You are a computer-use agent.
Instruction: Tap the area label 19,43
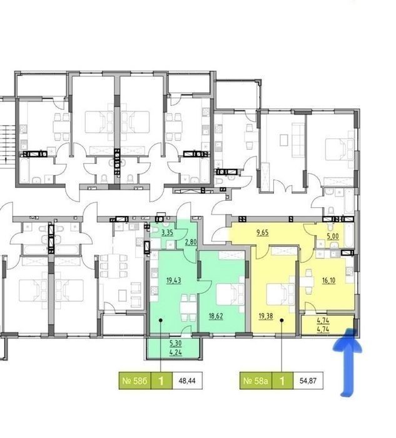[173, 280]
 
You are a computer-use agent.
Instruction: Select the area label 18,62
[216, 316]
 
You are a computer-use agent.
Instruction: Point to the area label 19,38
[266, 316]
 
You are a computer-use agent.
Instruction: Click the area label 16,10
[328, 280]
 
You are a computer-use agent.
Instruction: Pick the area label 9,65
[263, 233]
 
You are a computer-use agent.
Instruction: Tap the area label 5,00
[333, 237]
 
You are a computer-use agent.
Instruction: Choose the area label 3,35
[168, 232]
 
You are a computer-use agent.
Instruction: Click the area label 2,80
[191, 242]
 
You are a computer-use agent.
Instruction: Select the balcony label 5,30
[176, 344]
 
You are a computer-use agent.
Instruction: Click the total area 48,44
[187, 380]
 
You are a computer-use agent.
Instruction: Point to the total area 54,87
[308, 380]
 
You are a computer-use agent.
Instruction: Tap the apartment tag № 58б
[135, 380]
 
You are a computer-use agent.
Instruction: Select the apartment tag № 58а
[256, 380]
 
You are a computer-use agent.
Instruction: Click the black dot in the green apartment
[161, 320]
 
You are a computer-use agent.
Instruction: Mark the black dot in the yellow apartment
[282, 320]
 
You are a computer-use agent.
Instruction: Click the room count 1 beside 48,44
[161, 380]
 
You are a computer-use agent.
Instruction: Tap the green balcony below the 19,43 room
[174, 347]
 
